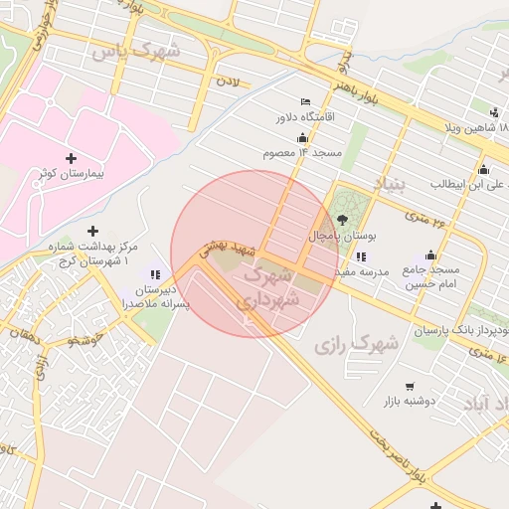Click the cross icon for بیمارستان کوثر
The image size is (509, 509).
pyautogui.click(x=71, y=158)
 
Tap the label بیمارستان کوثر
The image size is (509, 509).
pyautogui.click(x=71, y=173)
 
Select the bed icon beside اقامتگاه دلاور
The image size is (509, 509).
pyautogui.click(x=305, y=101)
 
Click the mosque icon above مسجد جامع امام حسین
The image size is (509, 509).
pyautogui.click(x=430, y=254)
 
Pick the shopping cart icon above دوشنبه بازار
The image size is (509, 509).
pyautogui.click(x=410, y=386)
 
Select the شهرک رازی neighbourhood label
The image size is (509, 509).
pyautogui.click(x=356, y=345)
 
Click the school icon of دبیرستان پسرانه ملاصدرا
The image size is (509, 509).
pyautogui.click(x=155, y=274)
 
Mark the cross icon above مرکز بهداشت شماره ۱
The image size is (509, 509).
pyautogui.click(x=93, y=231)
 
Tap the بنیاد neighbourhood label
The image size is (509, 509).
pyautogui.click(x=391, y=185)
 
